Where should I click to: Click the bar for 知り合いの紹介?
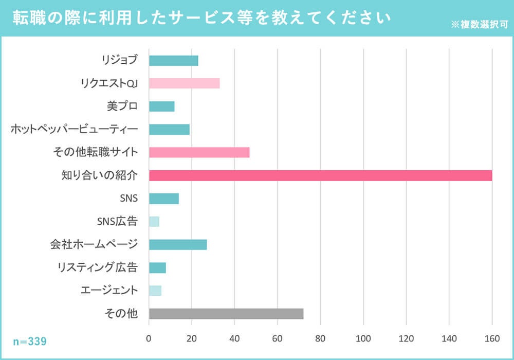pos(320,175)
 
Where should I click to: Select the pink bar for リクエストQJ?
pos(184,83)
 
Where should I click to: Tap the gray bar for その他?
pos(226,314)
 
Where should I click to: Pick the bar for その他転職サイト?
pos(199,152)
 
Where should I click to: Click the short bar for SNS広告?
pos(154,222)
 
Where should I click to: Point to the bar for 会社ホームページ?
pos(178,245)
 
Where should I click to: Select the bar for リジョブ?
pos(173,60)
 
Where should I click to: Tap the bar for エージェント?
pos(155,291)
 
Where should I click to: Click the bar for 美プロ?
pos(161,106)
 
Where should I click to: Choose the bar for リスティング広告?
pos(157,268)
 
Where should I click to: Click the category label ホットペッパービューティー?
pos(74,129)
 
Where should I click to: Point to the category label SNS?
pos(128,199)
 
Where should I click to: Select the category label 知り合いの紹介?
pos(99,175)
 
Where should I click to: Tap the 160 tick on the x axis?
pos(492,338)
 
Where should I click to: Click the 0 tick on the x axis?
pos(149,338)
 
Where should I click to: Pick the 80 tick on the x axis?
pos(320,338)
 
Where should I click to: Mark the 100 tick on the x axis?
pos(363,338)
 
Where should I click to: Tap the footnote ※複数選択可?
pos(479,24)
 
